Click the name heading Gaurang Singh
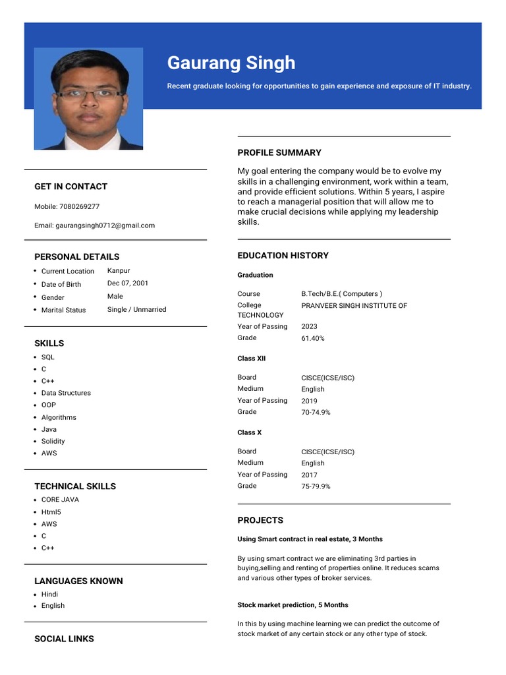(x=231, y=63)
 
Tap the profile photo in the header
(x=88, y=99)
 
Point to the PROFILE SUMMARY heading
(x=279, y=152)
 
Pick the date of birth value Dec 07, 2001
(x=128, y=283)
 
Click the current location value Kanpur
(x=119, y=271)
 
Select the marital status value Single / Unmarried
(x=136, y=309)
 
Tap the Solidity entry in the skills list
(x=53, y=441)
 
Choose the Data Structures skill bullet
(x=66, y=393)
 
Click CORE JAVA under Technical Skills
(x=60, y=500)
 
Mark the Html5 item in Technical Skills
(x=51, y=512)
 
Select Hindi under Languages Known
(x=49, y=594)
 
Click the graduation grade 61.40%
(x=313, y=338)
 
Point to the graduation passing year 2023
(x=309, y=326)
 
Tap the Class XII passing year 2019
(x=309, y=401)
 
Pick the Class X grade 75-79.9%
(x=316, y=486)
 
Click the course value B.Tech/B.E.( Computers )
(x=341, y=294)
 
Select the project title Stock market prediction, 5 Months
(x=293, y=605)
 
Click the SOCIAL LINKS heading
(x=64, y=639)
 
